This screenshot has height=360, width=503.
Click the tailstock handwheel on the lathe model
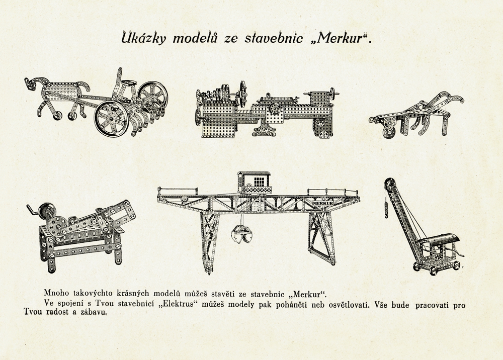pyautogui.click(x=332, y=93)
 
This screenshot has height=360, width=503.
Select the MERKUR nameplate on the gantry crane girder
pyautogui.click(x=322, y=203)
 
